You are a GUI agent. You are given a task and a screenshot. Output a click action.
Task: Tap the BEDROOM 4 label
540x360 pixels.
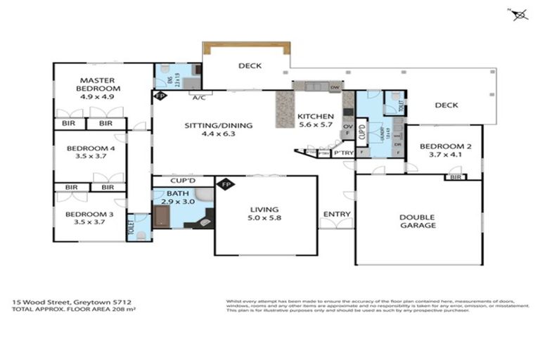pyautogui.click(x=86, y=148)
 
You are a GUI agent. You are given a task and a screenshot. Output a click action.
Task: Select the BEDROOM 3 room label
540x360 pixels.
pyautogui.click(x=84, y=214)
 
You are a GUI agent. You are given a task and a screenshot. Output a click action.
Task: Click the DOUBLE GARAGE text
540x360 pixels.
pyautogui.click(x=417, y=221)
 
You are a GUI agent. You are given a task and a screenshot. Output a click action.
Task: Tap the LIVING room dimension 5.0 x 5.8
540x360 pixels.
pyautogui.click(x=264, y=219)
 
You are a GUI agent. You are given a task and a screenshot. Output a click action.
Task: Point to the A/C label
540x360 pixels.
pyautogui.click(x=198, y=98)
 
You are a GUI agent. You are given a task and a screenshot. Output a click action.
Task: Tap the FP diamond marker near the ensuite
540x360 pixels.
pyautogui.click(x=160, y=95)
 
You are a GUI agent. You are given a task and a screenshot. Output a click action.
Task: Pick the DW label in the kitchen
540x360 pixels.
pyautogui.click(x=334, y=87)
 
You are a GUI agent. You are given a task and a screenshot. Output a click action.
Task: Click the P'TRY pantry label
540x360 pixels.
pyautogui.click(x=342, y=153)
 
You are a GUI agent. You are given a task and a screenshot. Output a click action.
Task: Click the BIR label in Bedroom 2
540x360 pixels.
pyautogui.click(x=454, y=177)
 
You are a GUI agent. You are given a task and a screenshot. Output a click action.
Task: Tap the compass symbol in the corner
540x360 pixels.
pyautogui.click(x=520, y=13)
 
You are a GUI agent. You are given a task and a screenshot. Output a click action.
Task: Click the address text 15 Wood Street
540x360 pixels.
pyautogui.click(x=46, y=300)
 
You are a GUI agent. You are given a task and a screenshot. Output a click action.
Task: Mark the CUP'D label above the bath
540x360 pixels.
pyautogui.click(x=181, y=181)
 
